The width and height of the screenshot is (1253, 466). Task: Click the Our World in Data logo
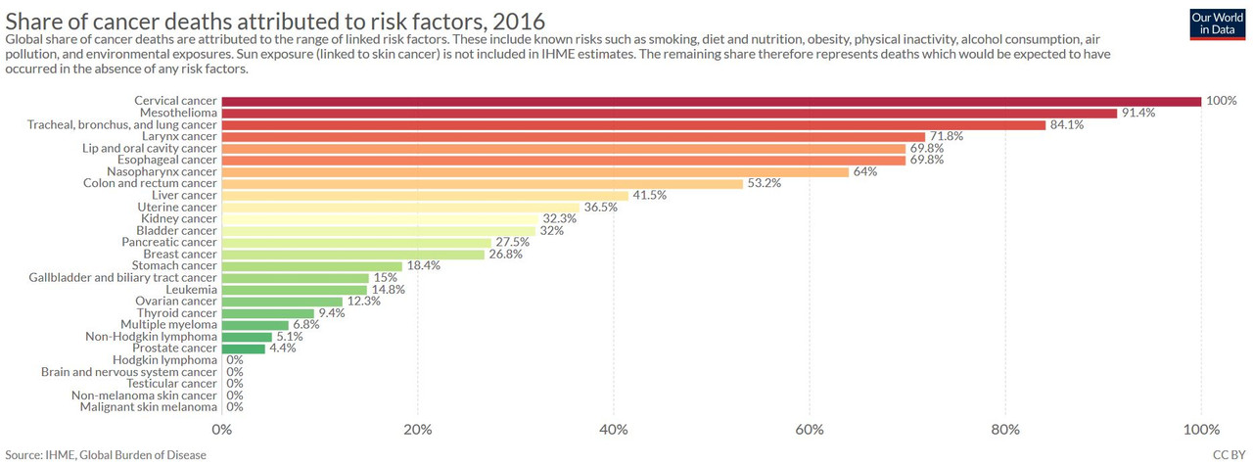1217,24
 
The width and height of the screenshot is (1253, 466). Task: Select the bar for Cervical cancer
712,101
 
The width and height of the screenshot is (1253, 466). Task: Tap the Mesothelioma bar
670,113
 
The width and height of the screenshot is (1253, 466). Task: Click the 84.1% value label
1067,124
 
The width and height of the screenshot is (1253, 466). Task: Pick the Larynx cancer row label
179,136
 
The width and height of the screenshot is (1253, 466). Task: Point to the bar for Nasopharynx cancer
535,171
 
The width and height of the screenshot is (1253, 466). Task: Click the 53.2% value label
765,183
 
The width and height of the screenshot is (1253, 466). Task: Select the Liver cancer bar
425,195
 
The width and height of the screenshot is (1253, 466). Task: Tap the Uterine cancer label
177,207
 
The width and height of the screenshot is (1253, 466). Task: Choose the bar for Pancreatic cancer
356,243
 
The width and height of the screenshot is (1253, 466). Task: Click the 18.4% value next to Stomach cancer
424,265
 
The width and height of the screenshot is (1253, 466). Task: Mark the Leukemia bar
295,290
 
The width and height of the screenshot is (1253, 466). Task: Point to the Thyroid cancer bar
268,313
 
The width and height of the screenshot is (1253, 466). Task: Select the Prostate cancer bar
244,349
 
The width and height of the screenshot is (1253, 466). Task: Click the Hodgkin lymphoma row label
164,360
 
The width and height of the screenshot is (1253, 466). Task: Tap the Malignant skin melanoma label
148,407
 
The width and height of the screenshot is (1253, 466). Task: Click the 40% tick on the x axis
614,430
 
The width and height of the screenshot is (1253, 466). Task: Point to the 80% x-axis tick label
1005,430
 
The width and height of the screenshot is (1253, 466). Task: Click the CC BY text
1229,455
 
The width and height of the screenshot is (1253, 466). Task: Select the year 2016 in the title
519,22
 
